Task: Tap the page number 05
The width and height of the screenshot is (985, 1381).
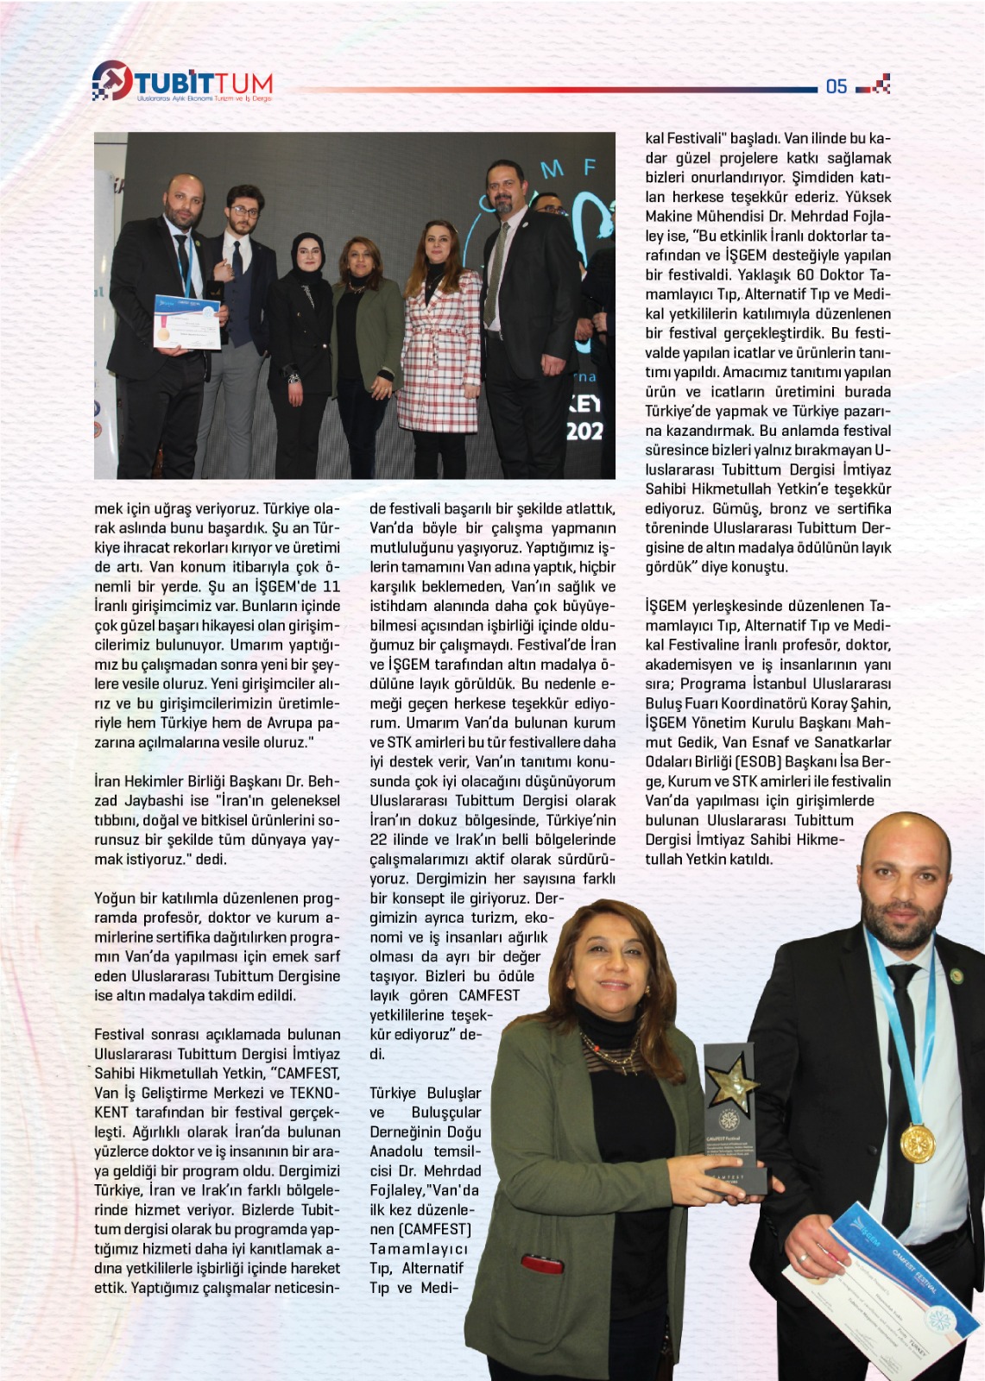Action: click(836, 86)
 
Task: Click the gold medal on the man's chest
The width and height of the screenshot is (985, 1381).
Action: click(917, 1144)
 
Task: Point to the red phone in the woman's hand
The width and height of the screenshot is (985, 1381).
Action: click(541, 1265)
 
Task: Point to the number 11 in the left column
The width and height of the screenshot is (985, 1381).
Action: click(331, 587)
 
